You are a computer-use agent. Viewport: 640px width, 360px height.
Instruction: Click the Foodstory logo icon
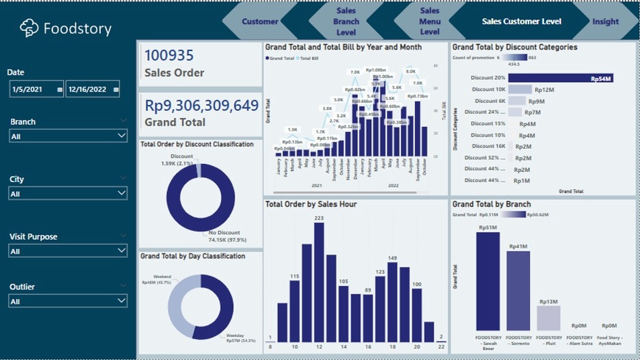(x=29, y=28)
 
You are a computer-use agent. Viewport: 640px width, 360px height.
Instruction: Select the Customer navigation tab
(x=260, y=21)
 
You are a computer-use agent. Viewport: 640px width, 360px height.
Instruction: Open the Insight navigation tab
(x=605, y=21)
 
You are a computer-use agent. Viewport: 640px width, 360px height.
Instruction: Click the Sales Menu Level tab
(x=430, y=21)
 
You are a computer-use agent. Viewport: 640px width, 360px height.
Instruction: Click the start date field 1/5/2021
(x=36, y=89)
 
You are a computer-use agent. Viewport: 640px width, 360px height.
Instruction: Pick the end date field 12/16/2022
(x=92, y=89)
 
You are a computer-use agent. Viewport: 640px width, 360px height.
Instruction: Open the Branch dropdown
(x=68, y=136)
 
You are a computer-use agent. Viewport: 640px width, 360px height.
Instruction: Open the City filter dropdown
(x=68, y=193)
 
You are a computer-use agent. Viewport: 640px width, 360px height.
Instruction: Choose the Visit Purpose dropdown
(x=68, y=251)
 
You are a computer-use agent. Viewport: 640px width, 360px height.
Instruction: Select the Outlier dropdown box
(x=68, y=301)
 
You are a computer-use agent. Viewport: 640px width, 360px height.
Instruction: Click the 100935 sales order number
(x=169, y=56)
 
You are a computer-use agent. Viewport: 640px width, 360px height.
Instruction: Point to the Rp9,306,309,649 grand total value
(x=201, y=105)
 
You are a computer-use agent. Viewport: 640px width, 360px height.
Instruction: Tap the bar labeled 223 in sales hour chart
(x=318, y=282)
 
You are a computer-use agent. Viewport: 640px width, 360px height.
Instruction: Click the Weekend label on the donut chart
(x=162, y=276)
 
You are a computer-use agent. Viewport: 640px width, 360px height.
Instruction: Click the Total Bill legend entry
(x=308, y=58)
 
